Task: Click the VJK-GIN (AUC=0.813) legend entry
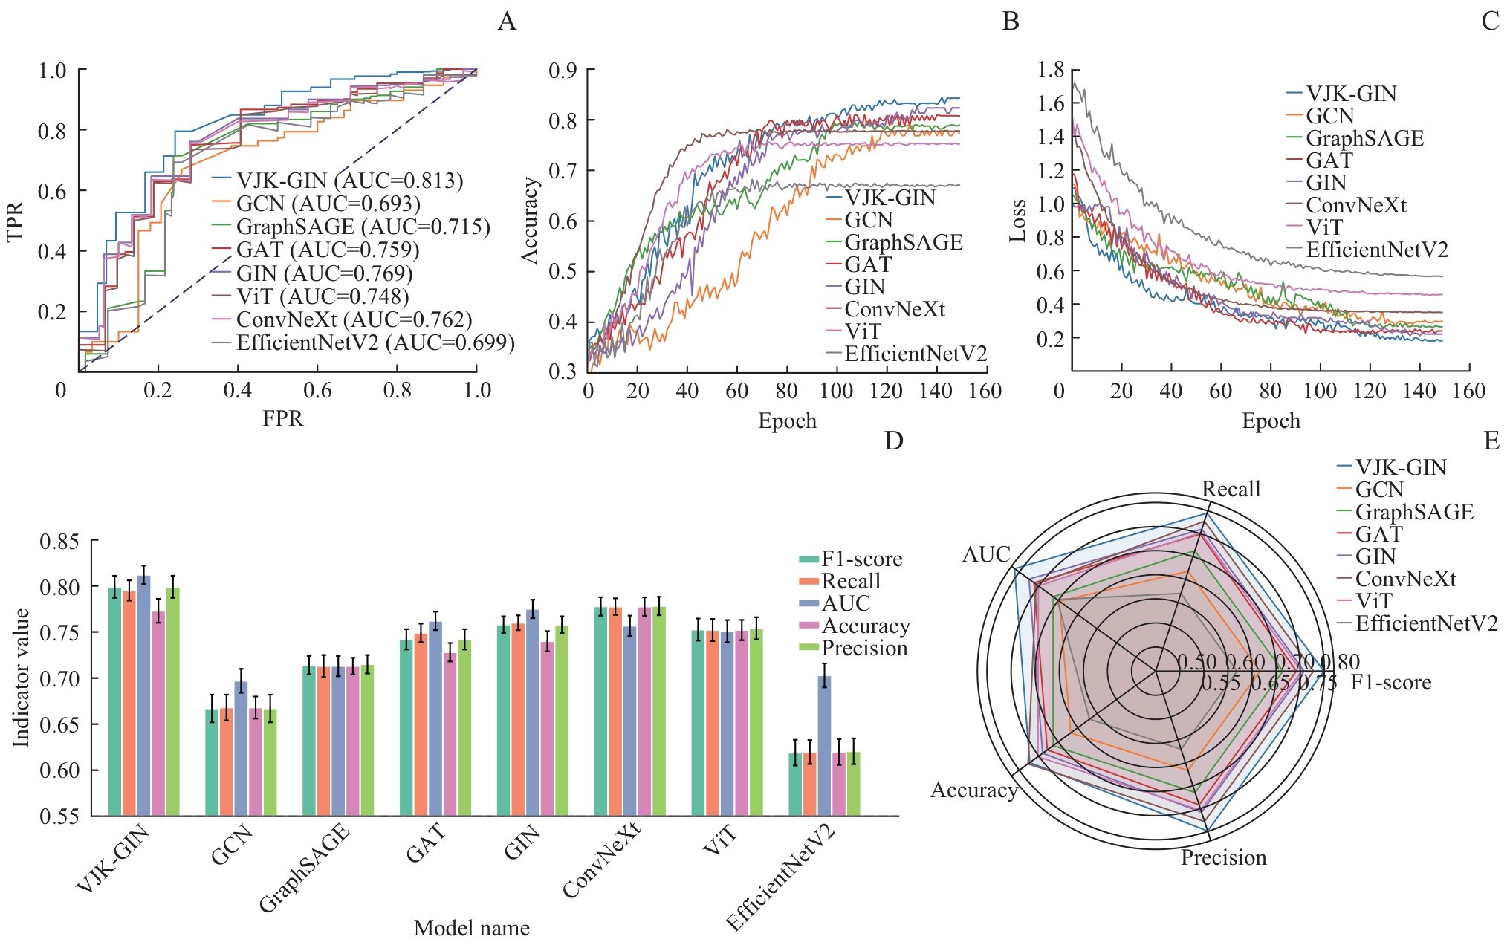[x=349, y=181]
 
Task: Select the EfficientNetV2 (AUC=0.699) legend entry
[x=375, y=342]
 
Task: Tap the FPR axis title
[x=282, y=418]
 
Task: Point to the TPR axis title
[x=16, y=221]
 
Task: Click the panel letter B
[x=1010, y=21]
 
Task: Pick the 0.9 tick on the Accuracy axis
[x=563, y=71]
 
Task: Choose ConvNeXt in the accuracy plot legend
[x=895, y=309]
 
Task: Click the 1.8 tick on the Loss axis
[x=1051, y=70]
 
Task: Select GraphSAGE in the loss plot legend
[x=1364, y=138]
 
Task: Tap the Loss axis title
[x=1017, y=221]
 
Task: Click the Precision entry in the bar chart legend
[x=864, y=649]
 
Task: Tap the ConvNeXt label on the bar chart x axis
[x=601, y=862]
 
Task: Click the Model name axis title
[x=471, y=928]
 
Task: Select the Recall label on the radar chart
[x=1231, y=489]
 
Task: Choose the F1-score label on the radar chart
[x=1390, y=682]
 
